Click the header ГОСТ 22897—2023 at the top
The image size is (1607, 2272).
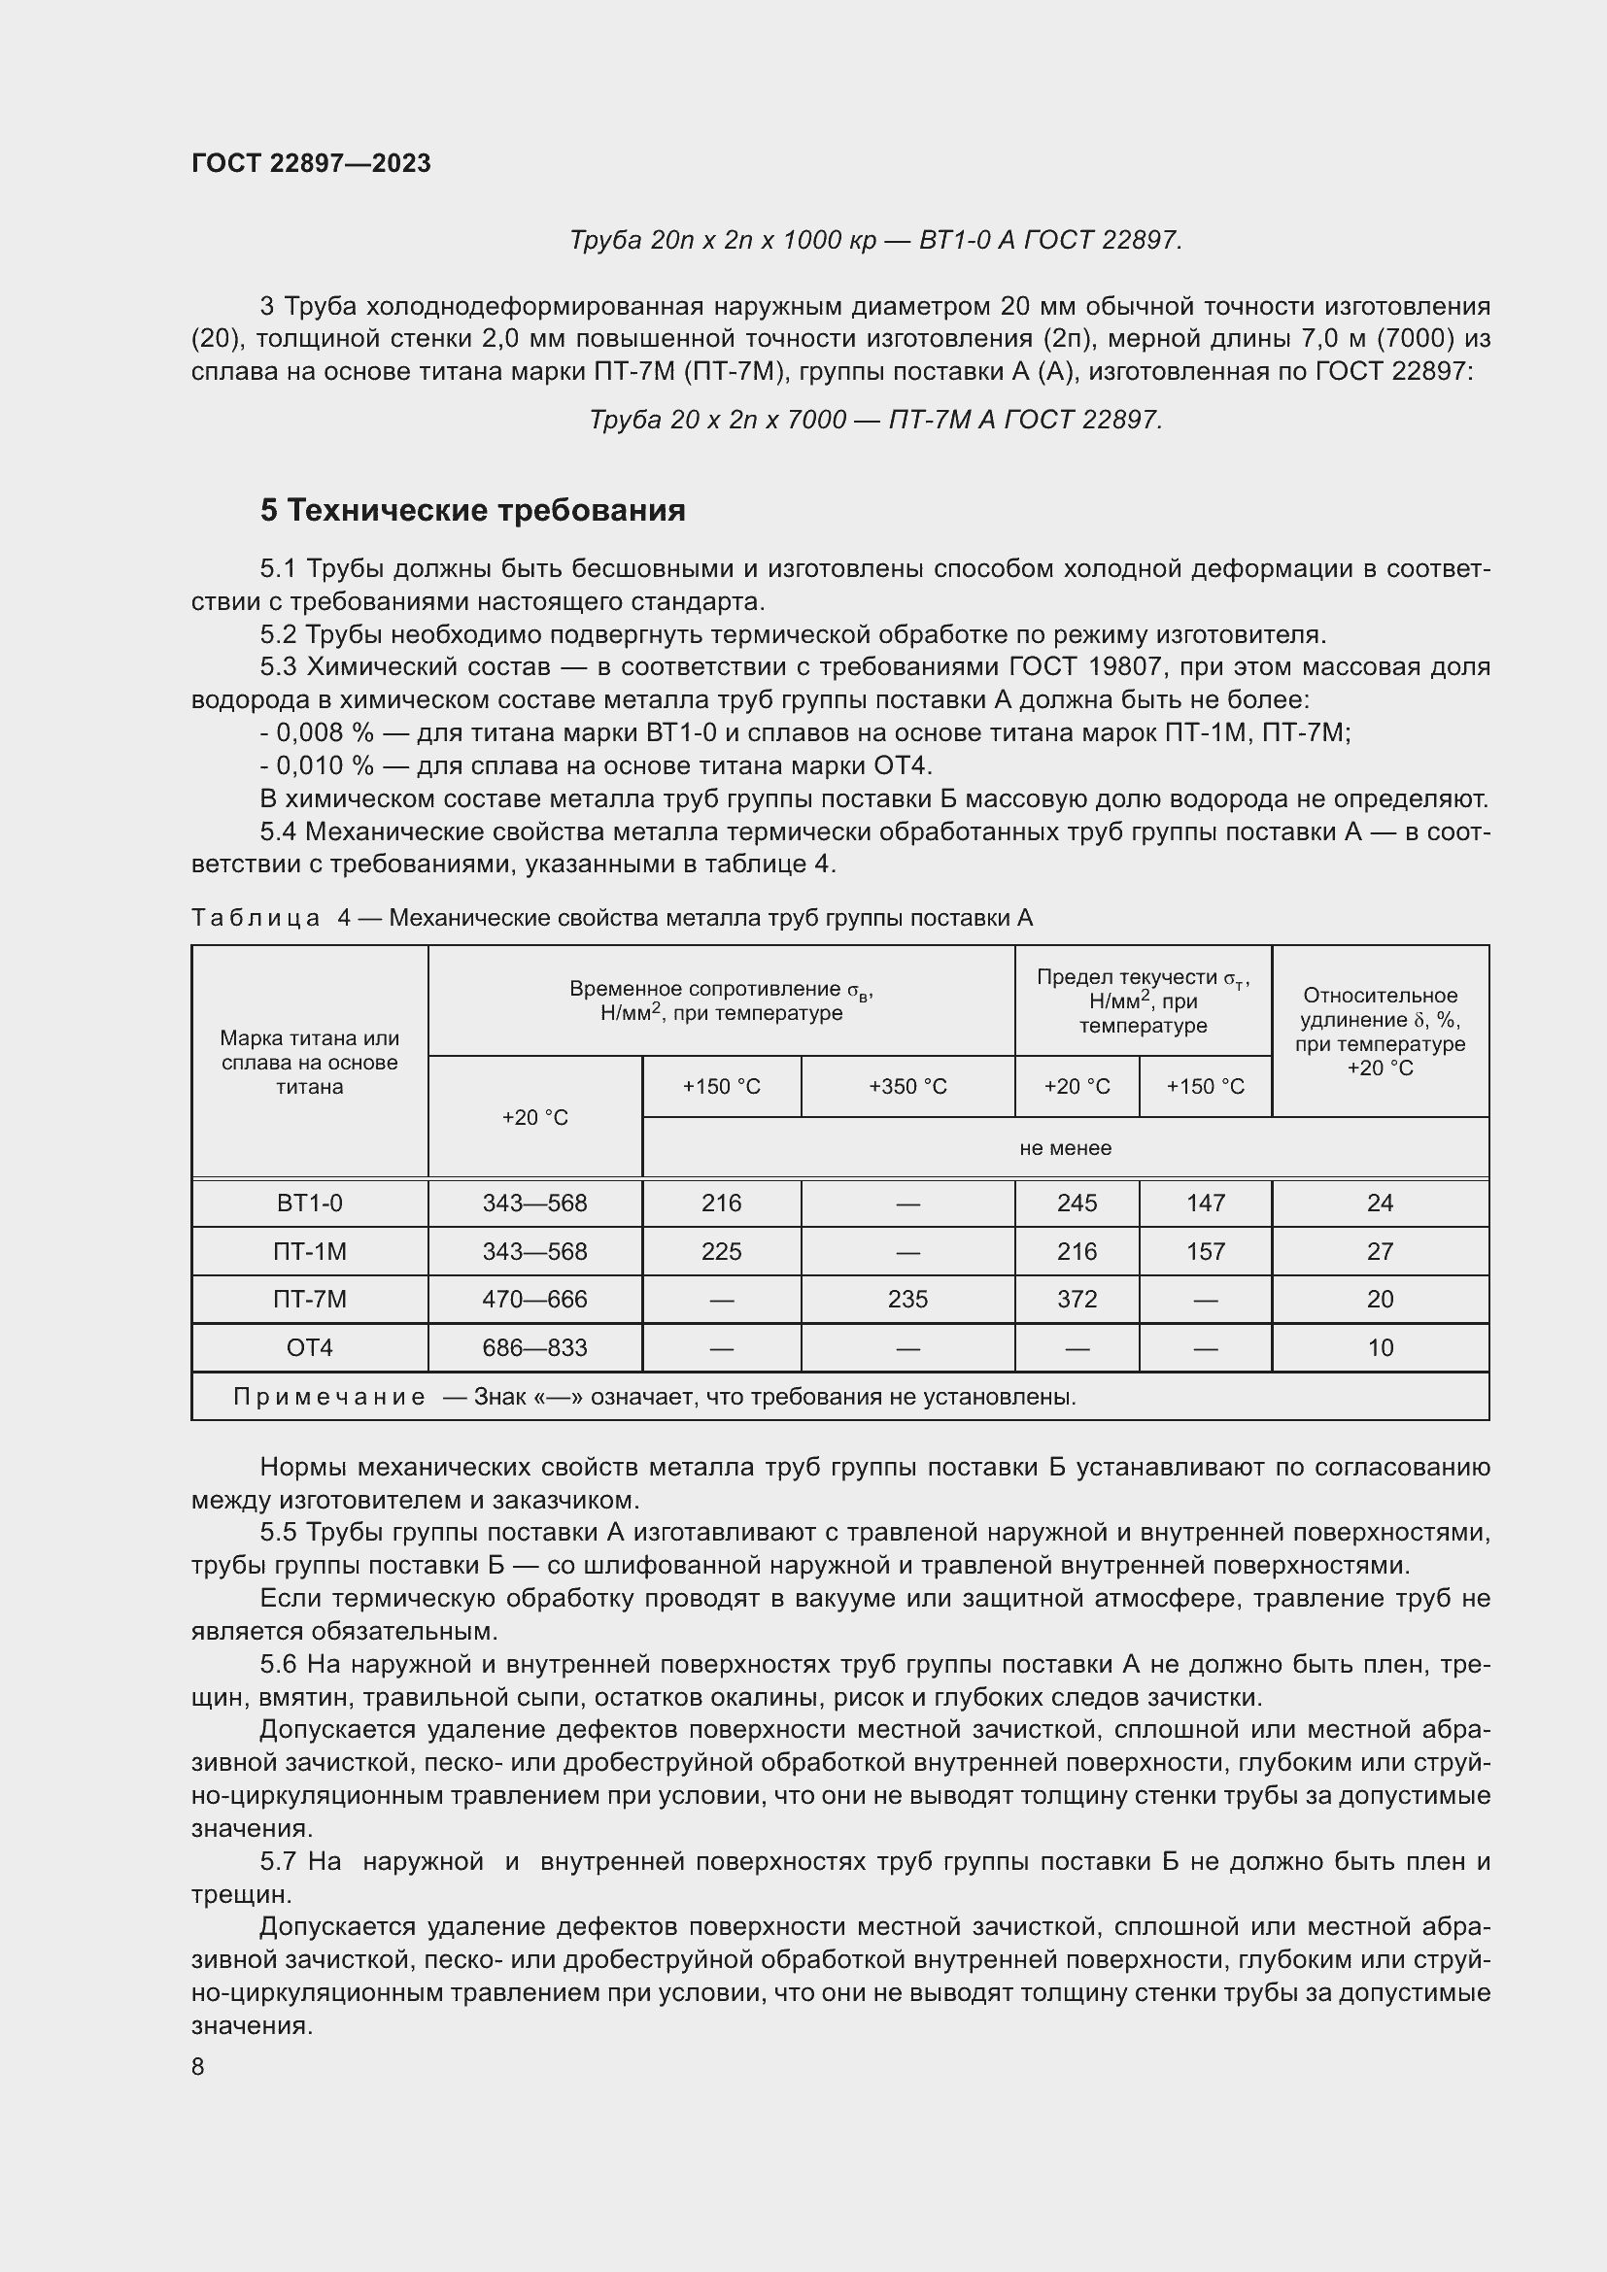pyautogui.click(x=311, y=163)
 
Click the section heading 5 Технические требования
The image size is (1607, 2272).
pyautogui.click(x=473, y=511)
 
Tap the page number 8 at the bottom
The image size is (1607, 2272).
pyautogui.click(x=198, y=2066)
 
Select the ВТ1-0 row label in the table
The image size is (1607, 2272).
pyautogui.click(x=310, y=1204)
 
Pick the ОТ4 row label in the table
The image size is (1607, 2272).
pyautogui.click(x=310, y=1348)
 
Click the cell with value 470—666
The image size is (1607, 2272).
pyautogui.click(x=534, y=1300)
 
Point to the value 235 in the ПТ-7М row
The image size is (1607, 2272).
pyautogui.click(x=907, y=1300)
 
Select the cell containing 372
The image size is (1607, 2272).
pyautogui.click(x=1077, y=1300)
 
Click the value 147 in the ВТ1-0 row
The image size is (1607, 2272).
pyautogui.click(x=1205, y=1204)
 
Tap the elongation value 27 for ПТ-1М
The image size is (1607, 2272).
pyautogui.click(x=1380, y=1252)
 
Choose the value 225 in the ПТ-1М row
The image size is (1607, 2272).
pyautogui.click(x=721, y=1252)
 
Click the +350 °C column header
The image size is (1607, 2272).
pyautogui.click(x=907, y=1087)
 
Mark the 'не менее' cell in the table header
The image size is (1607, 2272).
pyautogui.click(x=1065, y=1148)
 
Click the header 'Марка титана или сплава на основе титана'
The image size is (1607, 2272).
pyautogui.click(x=310, y=1063)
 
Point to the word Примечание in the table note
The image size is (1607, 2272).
pyautogui.click(x=329, y=1396)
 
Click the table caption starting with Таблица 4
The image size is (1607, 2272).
pyautogui.click(x=611, y=918)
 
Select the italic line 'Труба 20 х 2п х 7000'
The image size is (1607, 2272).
pyautogui.click(x=875, y=421)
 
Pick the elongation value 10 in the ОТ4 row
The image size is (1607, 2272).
pyautogui.click(x=1380, y=1348)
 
